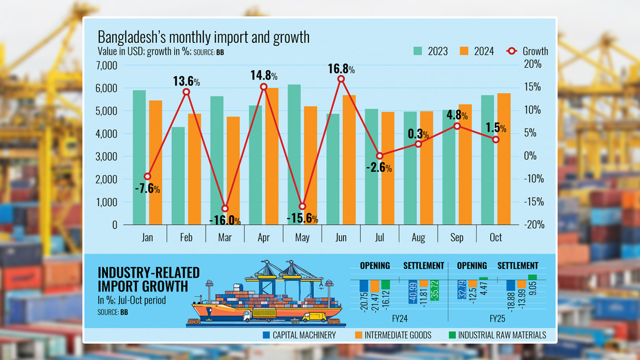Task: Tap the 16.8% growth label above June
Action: coord(341,69)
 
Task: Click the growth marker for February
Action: coord(186,92)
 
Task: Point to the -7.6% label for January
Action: coord(147,188)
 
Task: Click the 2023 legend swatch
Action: coord(418,51)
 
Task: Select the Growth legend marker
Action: coord(512,51)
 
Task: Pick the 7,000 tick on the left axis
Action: coord(106,65)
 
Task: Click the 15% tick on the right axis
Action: coord(532,87)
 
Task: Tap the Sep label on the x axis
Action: coord(457,238)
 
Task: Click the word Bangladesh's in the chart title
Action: coord(132,37)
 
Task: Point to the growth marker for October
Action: coord(496,140)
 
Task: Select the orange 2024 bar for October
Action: coord(504,160)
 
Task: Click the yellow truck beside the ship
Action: coord(314,317)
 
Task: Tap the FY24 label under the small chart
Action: coord(400,319)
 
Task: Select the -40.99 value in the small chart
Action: coord(413,292)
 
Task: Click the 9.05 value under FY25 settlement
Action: coord(532,288)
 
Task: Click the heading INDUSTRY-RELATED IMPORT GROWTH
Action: coord(148,280)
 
